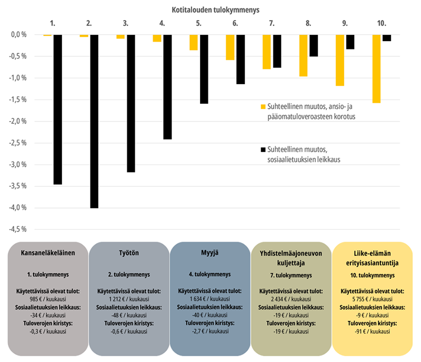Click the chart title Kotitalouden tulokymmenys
point(215,9)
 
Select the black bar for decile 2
point(94,121)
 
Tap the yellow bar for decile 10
point(376,68)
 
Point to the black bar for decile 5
point(204,69)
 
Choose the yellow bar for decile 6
point(230,47)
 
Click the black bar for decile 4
point(167,87)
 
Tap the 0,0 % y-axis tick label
point(18,34)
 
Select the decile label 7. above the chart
point(272,24)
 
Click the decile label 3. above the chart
point(125,24)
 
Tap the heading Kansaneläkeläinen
point(48,253)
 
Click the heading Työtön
point(129,253)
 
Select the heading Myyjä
point(209,253)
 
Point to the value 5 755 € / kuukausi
point(373,298)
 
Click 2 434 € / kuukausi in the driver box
point(292,298)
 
